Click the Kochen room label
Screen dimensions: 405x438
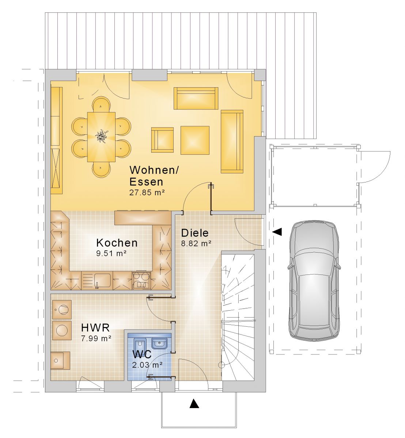(x=117, y=243)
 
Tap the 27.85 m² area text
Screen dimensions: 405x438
(x=147, y=193)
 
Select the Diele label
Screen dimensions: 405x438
(x=195, y=233)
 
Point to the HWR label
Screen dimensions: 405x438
(x=95, y=328)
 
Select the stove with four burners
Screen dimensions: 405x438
(x=141, y=280)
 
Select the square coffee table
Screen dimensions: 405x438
(x=195, y=140)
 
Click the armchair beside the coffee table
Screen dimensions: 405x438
(x=162, y=140)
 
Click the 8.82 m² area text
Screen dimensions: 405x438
(x=196, y=243)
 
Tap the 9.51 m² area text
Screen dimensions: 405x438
(x=111, y=253)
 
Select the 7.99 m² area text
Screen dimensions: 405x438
(x=96, y=338)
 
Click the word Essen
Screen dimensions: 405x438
(x=146, y=182)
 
